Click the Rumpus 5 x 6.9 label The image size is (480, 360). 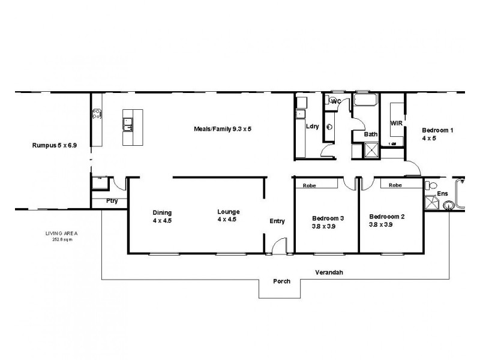click(x=52, y=146)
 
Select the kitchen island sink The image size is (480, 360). click(x=127, y=125)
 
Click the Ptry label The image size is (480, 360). click(x=112, y=201)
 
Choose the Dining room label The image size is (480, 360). click(x=162, y=216)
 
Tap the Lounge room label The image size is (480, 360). click(x=229, y=215)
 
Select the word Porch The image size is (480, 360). click(x=282, y=281)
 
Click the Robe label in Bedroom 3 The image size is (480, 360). click(x=310, y=185)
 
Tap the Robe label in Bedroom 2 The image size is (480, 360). click(x=395, y=185)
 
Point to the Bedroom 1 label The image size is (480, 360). click(x=437, y=134)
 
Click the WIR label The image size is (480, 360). click(x=395, y=123)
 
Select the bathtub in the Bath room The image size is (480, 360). click(x=364, y=100)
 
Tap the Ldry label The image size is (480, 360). click(x=312, y=127)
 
